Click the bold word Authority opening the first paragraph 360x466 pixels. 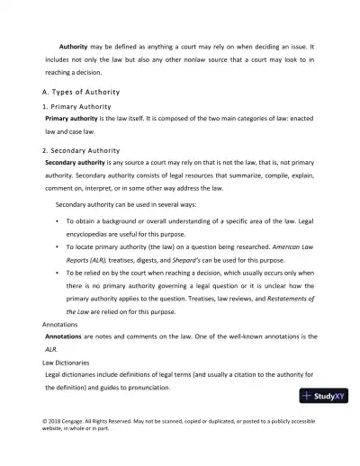74,44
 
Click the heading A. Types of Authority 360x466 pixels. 94,94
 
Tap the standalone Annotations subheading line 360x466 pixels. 65,323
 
